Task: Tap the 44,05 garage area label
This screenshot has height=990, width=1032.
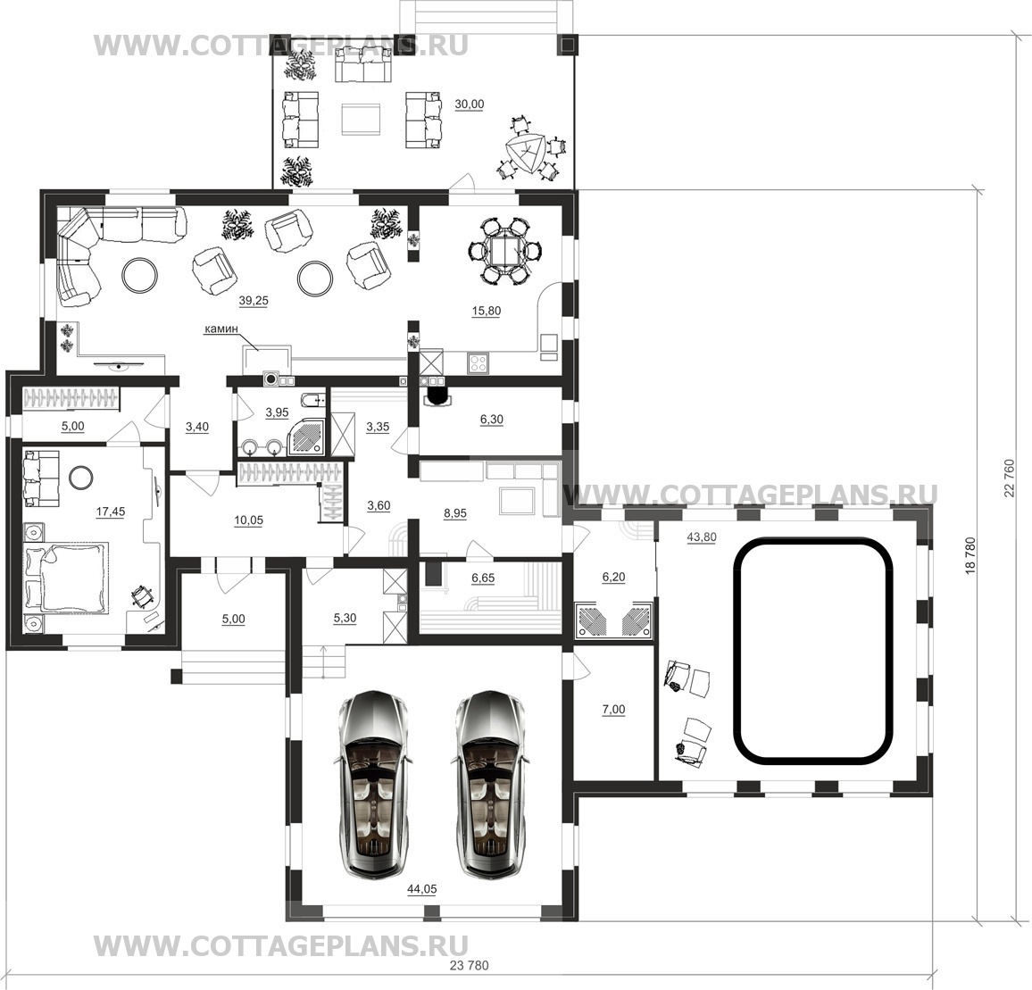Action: [422, 889]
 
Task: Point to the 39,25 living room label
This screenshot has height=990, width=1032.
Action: [254, 300]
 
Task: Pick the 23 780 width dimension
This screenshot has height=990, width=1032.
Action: [470, 966]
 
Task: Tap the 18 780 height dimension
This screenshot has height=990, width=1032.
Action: [970, 557]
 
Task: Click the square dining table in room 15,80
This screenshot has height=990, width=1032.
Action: [505, 252]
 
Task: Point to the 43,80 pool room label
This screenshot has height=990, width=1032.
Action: [702, 537]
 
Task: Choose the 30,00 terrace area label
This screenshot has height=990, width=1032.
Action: [470, 104]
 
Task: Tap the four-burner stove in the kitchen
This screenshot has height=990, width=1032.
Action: [478, 362]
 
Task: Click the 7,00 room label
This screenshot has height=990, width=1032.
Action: [613, 710]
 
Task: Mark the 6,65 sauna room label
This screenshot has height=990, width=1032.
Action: [483, 578]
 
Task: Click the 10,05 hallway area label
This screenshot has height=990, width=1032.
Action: [249, 520]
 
